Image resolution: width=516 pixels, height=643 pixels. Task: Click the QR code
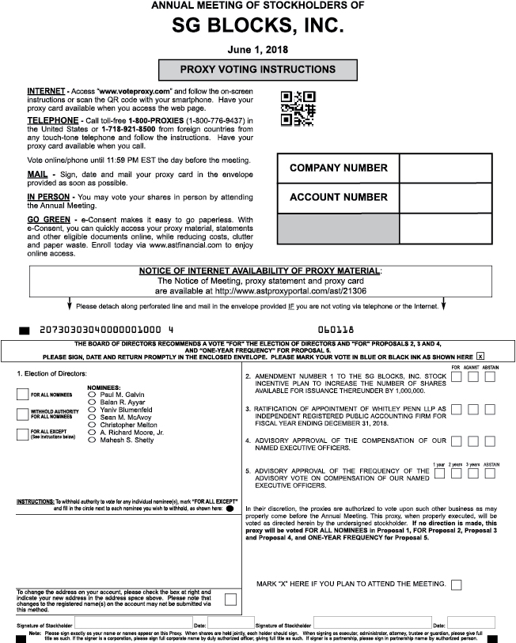(x=298, y=108)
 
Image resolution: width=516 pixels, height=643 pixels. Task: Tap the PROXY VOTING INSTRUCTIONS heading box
(x=257, y=70)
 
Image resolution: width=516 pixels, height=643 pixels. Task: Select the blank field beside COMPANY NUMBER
(x=439, y=168)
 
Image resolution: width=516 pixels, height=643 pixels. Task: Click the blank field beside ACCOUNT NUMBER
(x=439, y=198)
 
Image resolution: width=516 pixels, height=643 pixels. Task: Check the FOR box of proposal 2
(x=456, y=377)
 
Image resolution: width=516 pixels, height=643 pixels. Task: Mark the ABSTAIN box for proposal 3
(x=490, y=409)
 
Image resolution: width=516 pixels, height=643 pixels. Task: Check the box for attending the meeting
(x=456, y=584)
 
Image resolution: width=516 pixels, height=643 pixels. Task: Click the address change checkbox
(x=230, y=599)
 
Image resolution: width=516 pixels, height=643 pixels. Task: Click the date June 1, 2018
(x=257, y=49)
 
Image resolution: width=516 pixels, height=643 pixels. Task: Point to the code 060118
(x=336, y=327)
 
